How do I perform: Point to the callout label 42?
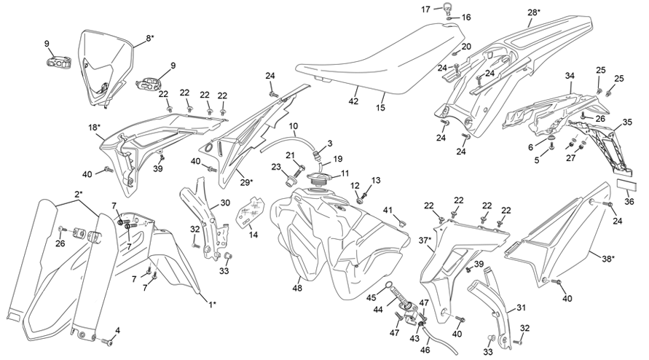[x=354, y=103]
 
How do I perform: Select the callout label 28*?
[x=535, y=12]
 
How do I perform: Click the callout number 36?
[x=630, y=201]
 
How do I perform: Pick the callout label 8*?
[x=149, y=38]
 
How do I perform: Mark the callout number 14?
[x=253, y=234]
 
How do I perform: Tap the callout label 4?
[x=117, y=330]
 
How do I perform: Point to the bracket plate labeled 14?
[x=251, y=209]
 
